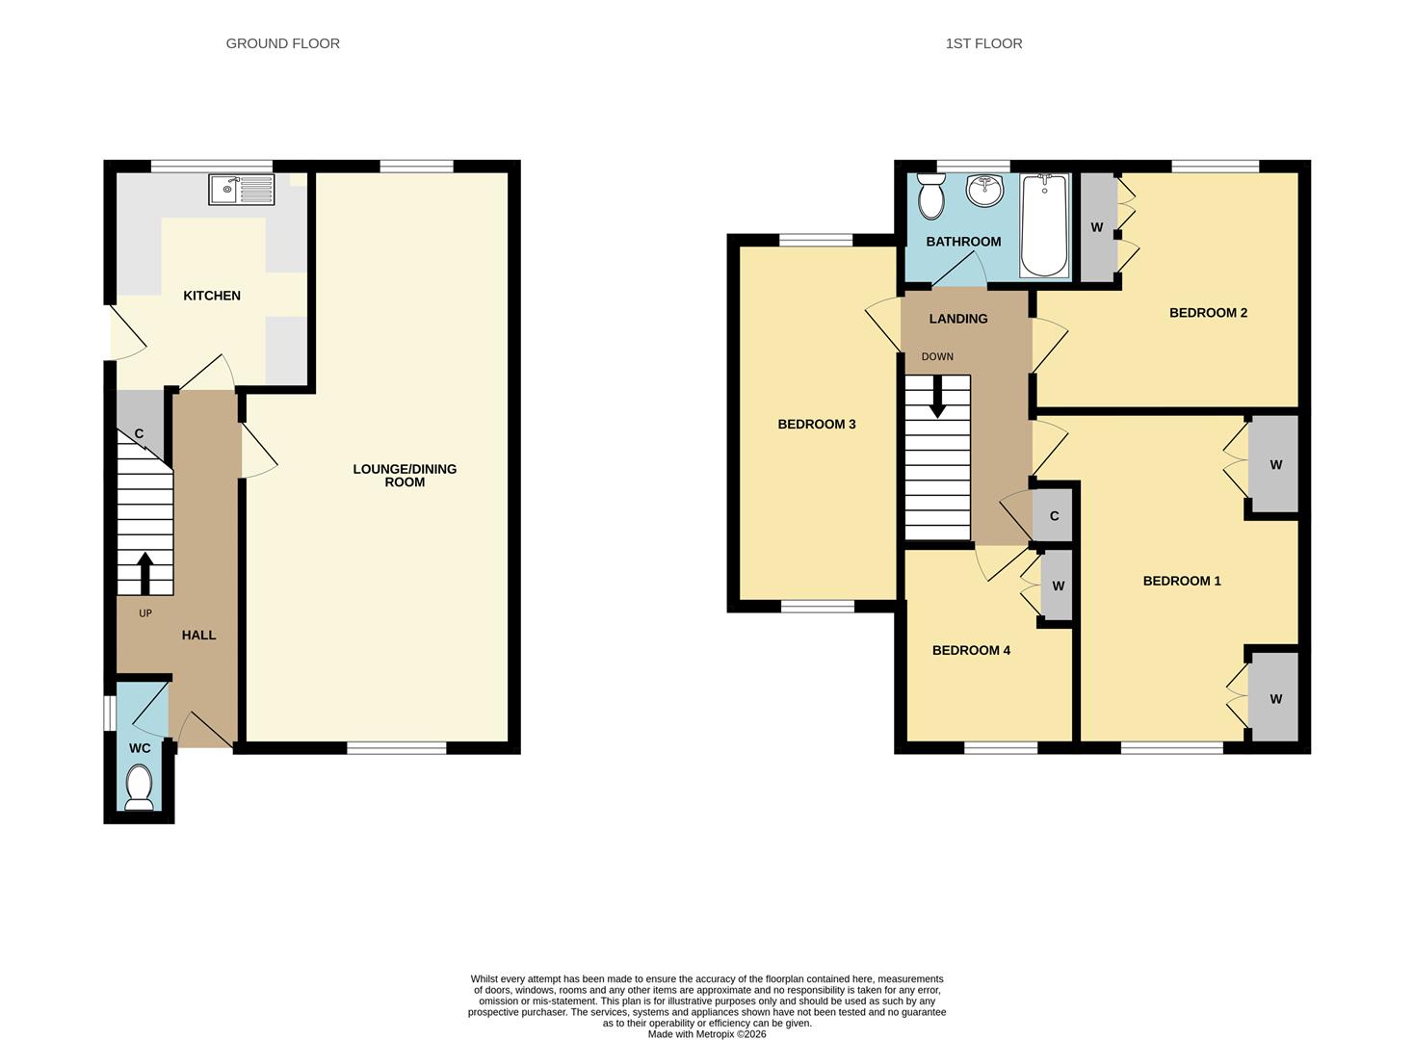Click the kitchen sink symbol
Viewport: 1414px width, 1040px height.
pos(241,190)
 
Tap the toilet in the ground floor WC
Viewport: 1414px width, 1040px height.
pos(140,787)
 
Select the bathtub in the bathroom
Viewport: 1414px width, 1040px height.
pos(1043,225)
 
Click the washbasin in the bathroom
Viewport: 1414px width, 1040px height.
pos(984,190)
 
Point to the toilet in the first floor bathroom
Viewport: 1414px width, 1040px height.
pos(930,196)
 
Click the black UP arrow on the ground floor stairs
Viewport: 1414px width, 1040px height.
pos(145,573)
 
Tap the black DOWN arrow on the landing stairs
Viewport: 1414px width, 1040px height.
pos(937,396)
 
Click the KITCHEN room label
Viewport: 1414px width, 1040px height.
pos(212,296)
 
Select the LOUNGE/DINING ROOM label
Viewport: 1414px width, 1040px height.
pos(405,476)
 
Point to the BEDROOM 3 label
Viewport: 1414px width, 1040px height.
pos(817,425)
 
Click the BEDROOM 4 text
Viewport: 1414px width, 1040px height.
pos(971,651)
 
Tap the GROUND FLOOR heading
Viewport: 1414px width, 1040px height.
pos(282,43)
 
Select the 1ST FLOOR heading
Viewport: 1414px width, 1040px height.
pos(983,43)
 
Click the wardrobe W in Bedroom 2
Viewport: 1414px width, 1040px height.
pos(1097,228)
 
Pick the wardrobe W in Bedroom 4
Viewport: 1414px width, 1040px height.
pos(1058,586)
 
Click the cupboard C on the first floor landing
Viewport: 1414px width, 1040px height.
pos(1054,516)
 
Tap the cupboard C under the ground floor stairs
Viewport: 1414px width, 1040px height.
pos(139,434)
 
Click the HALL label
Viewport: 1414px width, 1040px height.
pos(199,636)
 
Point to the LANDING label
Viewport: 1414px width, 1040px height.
pos(957,319)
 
